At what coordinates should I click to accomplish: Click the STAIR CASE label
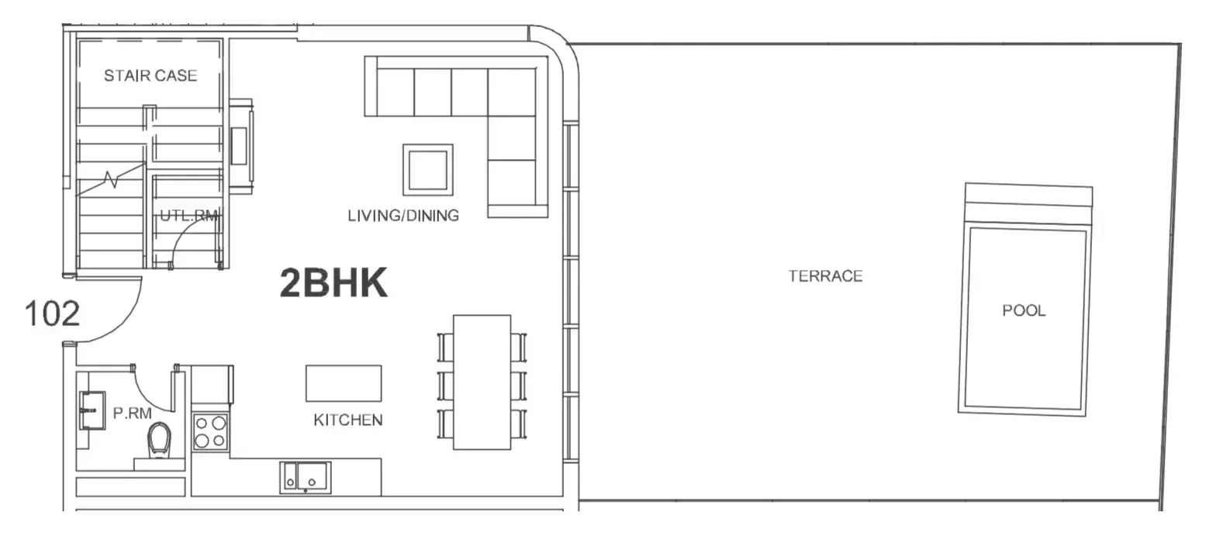150,75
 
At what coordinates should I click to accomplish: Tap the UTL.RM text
189,216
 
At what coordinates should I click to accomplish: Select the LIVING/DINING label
403,216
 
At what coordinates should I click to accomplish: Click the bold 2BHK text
333,282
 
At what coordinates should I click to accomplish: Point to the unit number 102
52,313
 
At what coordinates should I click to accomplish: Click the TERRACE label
825,276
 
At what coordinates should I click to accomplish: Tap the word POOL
1024,310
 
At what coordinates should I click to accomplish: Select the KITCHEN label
347,420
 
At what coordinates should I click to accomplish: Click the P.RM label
132,414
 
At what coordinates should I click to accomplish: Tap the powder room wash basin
92,410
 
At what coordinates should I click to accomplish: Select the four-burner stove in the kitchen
210,432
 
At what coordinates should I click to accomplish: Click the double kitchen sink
306,478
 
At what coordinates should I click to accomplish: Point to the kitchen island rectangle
344,383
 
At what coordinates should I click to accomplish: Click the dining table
482,382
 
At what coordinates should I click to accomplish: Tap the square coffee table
428,170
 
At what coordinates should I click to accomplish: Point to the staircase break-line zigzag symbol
111,180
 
